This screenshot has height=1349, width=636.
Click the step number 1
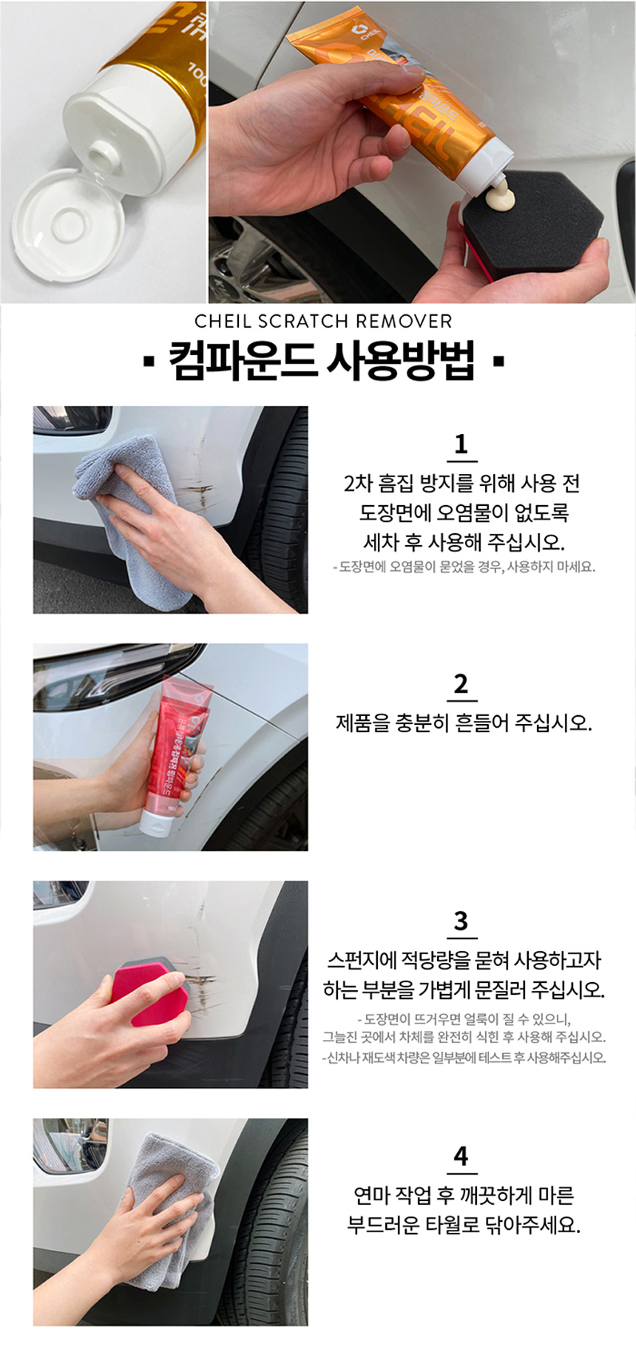(x=461, y=444)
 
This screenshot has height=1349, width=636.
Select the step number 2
(x=461, y=683)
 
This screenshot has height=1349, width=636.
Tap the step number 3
(x=461, y=921)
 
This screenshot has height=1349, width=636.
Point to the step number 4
(x=461, y=1156)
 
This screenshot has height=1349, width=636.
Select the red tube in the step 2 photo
(x=177, y=754)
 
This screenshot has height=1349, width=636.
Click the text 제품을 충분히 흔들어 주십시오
(x=464, y=723)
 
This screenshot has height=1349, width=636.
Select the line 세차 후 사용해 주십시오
(x=464, y=542)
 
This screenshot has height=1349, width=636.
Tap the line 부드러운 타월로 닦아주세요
(x=464, y=1225)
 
